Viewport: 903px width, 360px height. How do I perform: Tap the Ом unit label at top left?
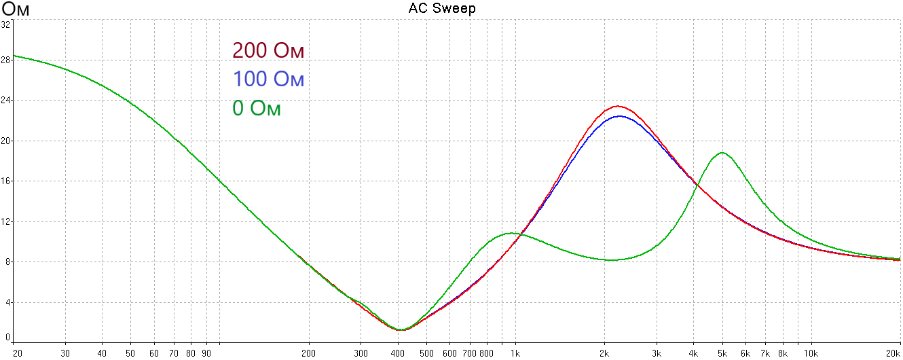coord(17,9)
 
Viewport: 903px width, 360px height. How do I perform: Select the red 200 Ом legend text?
coord(268,51)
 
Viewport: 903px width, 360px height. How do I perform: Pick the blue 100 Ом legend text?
coord(268,79)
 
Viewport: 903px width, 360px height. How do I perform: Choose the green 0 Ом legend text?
coord(257,108)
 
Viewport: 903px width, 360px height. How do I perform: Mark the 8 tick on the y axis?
coord(7,262)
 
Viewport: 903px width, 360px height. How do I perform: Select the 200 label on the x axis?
coord(309,353)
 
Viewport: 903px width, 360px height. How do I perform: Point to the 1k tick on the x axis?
coord(515,353)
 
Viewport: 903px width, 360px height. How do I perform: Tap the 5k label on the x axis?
coord(722,353)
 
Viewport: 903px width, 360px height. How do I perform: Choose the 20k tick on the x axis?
coord(893,353)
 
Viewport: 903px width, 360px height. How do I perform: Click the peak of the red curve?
coord(618,106)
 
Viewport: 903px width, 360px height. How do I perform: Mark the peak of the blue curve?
coord(619,116)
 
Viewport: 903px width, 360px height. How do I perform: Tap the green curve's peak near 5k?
coord(722,153)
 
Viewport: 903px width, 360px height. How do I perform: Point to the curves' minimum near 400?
coord(401,329)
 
